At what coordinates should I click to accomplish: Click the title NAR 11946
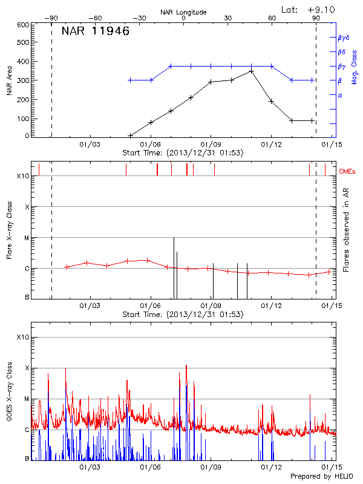coord(96,31)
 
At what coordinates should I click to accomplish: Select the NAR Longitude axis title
coord(183,11)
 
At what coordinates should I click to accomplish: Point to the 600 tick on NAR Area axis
coord(23,25)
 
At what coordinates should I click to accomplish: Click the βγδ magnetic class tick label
coord(344,38)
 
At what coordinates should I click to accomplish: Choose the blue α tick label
coord(339,95)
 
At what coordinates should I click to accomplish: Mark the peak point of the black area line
coord(251,71)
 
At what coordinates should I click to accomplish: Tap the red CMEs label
coord(347,172)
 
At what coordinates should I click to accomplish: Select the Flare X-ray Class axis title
coord(9,230)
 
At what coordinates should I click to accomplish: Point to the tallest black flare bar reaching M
coord(174,266)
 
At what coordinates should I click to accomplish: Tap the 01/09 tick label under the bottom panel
coord(211,467)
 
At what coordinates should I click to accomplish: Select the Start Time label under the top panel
coord(183,153)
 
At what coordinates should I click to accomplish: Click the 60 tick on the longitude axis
coord(272,18)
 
